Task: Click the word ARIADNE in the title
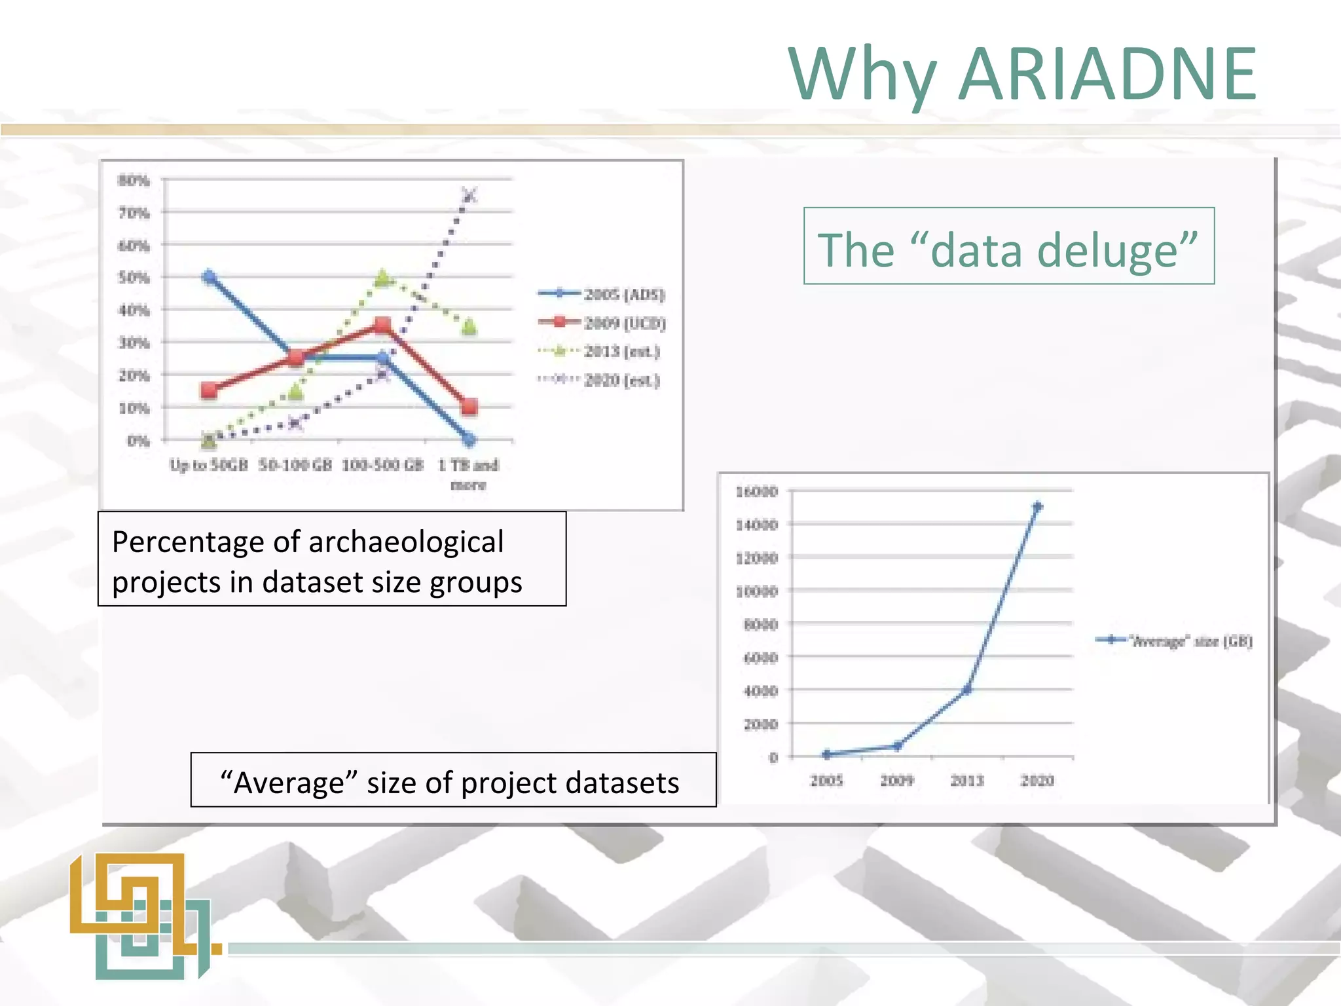coord(1107,73)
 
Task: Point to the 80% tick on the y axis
coord(134,180)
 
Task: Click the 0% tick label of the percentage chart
coord(138,441)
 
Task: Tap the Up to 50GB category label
coord(208,465)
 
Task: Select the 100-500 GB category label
coord(382,465)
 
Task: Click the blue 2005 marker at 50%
coord(209,277)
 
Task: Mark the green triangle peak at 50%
coord(383,278)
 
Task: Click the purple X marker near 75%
coord(469,195)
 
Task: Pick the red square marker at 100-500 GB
coord(383,326)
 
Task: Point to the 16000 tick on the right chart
coord(757,491)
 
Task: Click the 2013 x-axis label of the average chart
coord(966,781)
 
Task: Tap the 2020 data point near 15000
coord(1037,506)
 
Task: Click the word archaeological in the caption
coord(405,542)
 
